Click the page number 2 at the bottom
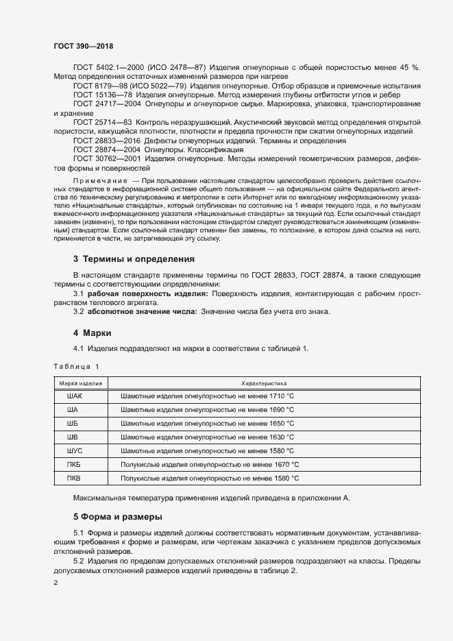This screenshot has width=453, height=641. (56, 583)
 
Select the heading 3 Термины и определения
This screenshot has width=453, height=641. (134, 259)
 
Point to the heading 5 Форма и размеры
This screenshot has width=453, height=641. (118, 516)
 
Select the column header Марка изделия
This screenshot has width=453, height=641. (81, 383)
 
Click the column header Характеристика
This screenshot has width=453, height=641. (264, 383)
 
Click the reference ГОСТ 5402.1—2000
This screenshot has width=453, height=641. (109, 67)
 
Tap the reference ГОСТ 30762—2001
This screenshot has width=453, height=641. (107, 158)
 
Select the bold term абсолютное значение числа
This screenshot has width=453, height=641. (142, 312)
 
